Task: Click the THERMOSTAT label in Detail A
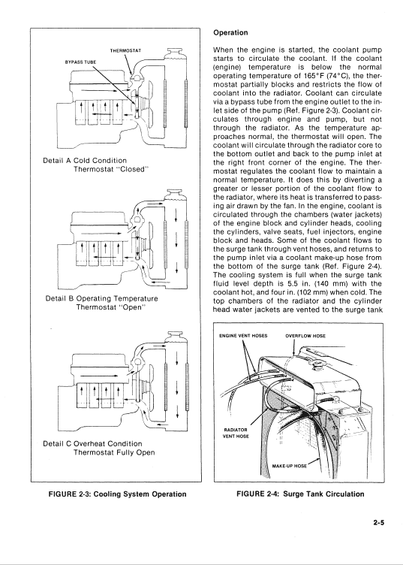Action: coord(125,50)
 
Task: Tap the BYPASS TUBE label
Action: coord(80,62)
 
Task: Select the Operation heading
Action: coord(230,32)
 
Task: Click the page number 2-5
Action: coord(378,522)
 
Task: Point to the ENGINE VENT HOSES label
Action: coord(243,336)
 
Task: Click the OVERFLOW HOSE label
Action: coord(305,336)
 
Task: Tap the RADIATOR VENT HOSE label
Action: coord(236,433)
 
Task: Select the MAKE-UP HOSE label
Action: coord(290,466)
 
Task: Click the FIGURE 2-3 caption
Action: coord(117,494)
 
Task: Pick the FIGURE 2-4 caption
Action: coord(300,494)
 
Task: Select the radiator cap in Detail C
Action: coord(175,336)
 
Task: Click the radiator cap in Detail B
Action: coord(175,194)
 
